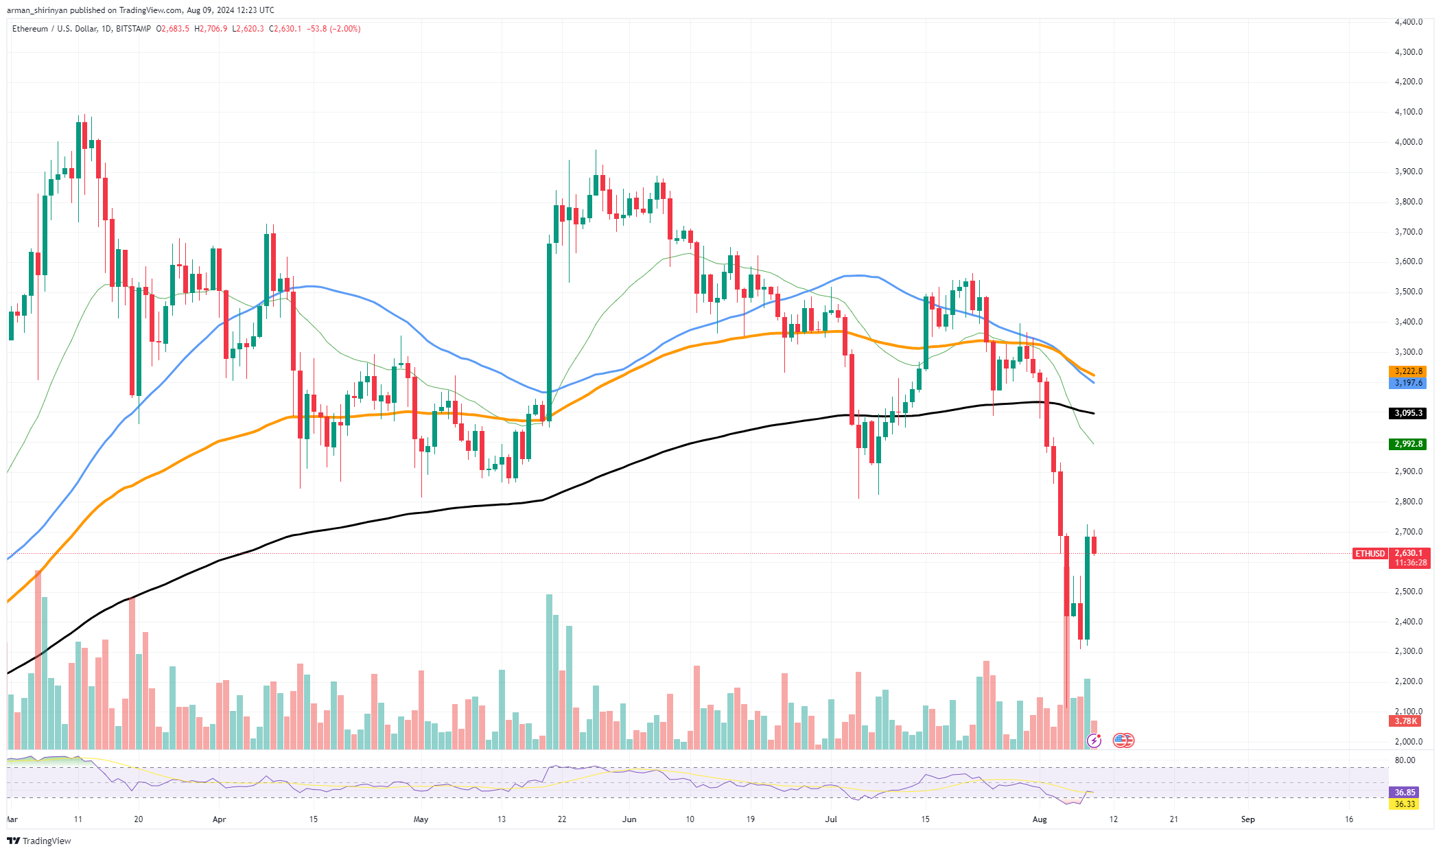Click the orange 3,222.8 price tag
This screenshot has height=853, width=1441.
pos(1408,371)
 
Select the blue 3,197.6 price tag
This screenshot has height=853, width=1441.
pos(1408,383)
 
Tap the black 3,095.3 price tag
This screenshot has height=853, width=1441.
pos(1408,413)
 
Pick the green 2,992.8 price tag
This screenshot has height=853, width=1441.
pos(1408,444)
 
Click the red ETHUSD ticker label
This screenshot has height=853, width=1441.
pos(1370,554)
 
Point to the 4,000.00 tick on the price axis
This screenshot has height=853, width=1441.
pos(1408,142)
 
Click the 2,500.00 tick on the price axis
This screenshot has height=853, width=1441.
pos(1408,592)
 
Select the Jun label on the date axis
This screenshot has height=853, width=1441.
pos(629,819)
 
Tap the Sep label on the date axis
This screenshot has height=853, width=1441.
pos(1247,819)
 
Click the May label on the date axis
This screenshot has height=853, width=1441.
pos(421,819)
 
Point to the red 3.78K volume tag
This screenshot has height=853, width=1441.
pos(1405,721)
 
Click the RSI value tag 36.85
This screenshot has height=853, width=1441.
pos(1405,793)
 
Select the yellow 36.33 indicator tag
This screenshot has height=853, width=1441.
pos(1405,804)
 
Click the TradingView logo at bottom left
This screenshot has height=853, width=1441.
pos(39,841)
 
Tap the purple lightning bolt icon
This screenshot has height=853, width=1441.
pos(1094,740)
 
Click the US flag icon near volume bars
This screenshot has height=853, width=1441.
pos(1123,740)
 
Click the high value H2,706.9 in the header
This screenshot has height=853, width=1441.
pos(211,29)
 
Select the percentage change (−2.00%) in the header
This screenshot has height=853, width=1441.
pos(345,29)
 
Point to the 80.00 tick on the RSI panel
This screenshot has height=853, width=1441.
pos(1405,760)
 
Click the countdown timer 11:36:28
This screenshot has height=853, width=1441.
pos(1410,563)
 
